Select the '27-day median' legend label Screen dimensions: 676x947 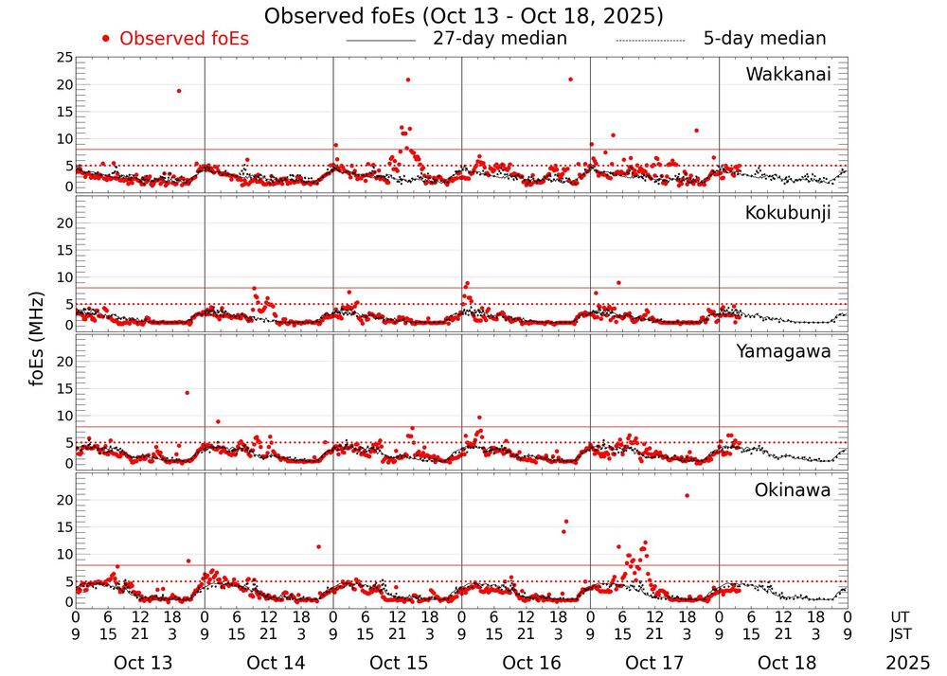click(x=500, y=39)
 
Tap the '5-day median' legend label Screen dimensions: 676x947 click(x=764, y=39)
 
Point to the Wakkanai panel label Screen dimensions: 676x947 click(x=788, y=75)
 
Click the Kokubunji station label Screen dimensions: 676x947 click(x=788, y=213)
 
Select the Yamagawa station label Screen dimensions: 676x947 click(x=783, y=351)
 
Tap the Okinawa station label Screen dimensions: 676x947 click(x=792, y=490)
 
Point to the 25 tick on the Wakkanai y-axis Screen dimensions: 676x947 click(x=63, y=58)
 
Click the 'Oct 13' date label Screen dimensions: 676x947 click(x=141, y=663)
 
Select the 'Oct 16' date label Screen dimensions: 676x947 click(x=527, y=663)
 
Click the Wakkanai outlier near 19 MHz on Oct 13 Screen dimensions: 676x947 click(x=178, y=91)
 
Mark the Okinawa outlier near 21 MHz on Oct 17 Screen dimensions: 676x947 click(x=687, y=495)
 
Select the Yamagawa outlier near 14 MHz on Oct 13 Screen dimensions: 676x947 click(x=187, y=392)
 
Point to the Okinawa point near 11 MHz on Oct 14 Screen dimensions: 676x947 click(x=318, y=546)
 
